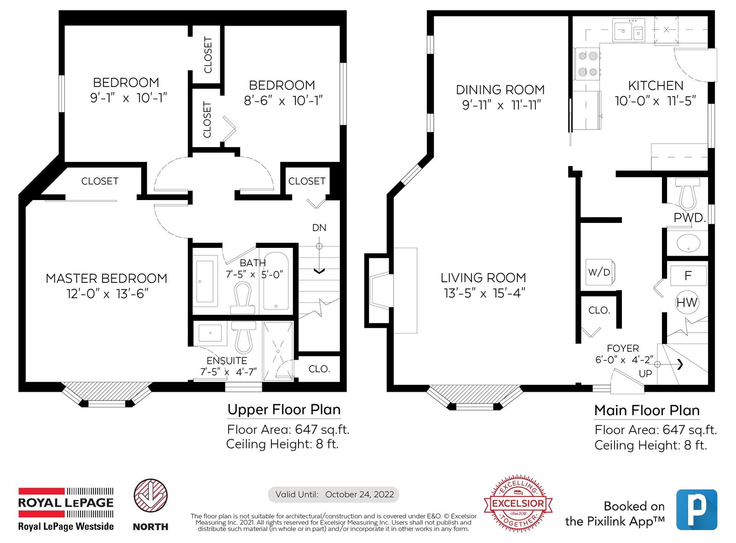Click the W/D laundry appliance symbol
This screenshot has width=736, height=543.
pyautogui.click(x=600, y=272)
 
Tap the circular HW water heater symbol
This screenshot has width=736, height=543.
pyautogui.click(x=687, y=302)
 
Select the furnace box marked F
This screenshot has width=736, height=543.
pyautogui.click(x=688, y=275)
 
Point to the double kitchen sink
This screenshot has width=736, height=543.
pyautogui.click(x=628, y=30)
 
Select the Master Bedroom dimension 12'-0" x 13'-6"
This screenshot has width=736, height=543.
pyautogui.click(x=107, y=293)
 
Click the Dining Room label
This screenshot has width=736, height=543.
pyautogui.click(x=500, y=90)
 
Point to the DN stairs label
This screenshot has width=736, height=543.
pyautogui.click(x=319, y=228)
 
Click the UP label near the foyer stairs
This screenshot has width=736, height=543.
pyautogui.click(x=645, y=374)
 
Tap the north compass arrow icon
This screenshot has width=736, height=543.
pyautogui.click(x=150, y=496)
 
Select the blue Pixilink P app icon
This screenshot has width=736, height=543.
pyautogui.click(x=696, y=509)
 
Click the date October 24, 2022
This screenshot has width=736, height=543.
pyautogui.click(x=359, y=495)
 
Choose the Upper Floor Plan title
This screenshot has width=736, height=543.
pyautogui.click(x=284, y=410)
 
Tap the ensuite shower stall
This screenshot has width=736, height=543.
pyautogui.click(x=278, y=351)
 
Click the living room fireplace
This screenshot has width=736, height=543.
pyautogui.click(x=381, y=291)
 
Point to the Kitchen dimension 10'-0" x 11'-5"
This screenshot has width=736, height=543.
pyautogui.click(x=655, y=101)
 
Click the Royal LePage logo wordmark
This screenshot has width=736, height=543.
pyautogui.click(x=66, y=503)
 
